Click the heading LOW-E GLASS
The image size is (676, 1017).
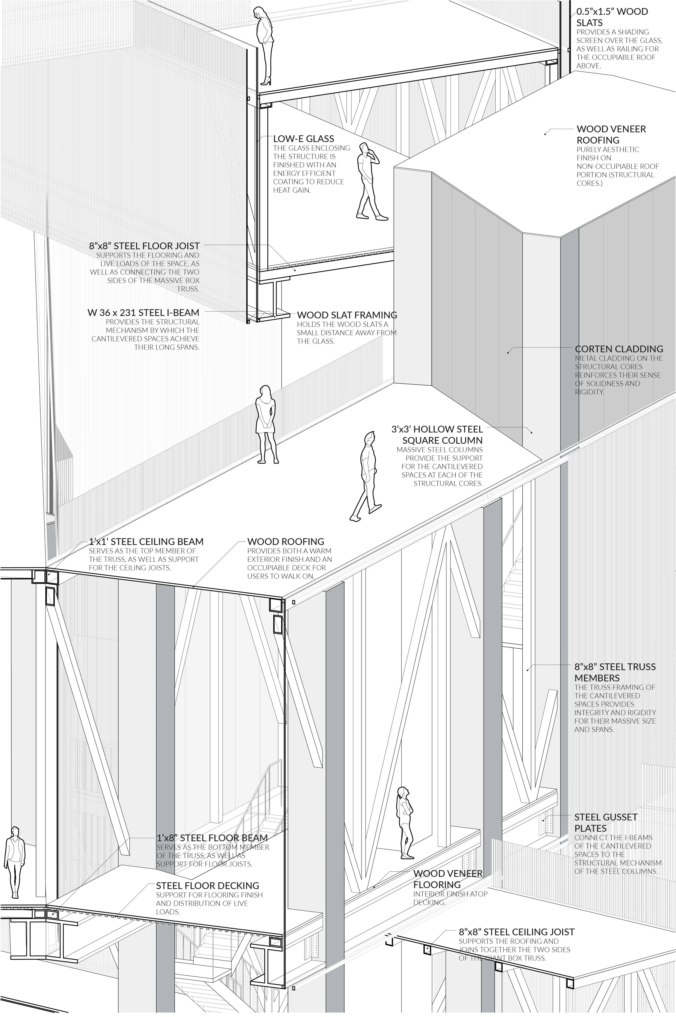click(303, 139)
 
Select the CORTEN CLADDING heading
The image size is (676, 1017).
click(619, 349)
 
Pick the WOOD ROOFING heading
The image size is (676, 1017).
click(285, 541)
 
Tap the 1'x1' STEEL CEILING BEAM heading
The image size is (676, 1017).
click(146, 541)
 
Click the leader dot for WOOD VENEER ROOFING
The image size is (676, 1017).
click(545, 134)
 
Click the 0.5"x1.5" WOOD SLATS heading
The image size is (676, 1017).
click(612, 17)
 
